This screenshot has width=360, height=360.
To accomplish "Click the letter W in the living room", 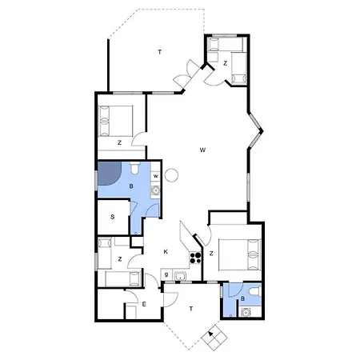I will tap(203, 150).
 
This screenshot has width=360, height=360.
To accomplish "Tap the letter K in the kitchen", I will tap(166, 252).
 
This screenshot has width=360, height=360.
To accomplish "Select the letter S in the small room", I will tap(113, 216).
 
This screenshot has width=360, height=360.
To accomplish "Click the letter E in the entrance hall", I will tap(144, 305).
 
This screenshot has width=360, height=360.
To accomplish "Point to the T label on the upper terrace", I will tap(160, 52).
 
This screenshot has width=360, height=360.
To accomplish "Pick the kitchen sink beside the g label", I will tap(180, 277).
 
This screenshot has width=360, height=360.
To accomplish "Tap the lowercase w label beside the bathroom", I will tap(155, 176).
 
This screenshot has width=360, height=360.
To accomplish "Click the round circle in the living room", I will tap(170, 175).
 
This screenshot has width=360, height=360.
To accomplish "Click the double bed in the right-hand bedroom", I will tap(240, 256).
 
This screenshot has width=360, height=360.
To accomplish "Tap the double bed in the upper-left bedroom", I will tap(117, 121).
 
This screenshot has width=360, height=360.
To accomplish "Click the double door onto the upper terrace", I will tap(185, 74).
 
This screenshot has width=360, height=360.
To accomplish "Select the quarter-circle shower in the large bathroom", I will tap(107, 174).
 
